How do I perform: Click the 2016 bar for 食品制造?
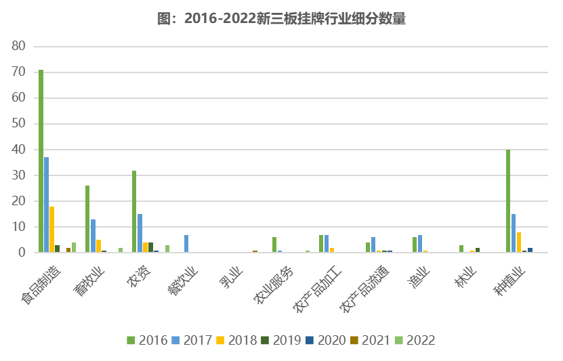coord(41,161)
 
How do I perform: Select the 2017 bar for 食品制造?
coord(46,205)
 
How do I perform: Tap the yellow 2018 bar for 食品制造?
coord(51,230)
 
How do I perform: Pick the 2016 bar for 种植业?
coord(508,201)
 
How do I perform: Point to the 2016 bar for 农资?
coord(134,211)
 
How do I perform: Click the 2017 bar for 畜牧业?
coord(93,236)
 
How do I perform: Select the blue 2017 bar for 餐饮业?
coord(186,244)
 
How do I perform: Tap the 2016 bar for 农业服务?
coord(274,245)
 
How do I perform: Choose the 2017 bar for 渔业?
coord(420,244)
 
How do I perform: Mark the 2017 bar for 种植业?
coord(514,233)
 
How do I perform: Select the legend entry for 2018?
coord(237,340)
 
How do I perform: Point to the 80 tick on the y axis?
coord(18,46)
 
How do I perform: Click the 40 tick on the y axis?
coord(18,150)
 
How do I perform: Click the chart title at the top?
coord(281,19)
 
